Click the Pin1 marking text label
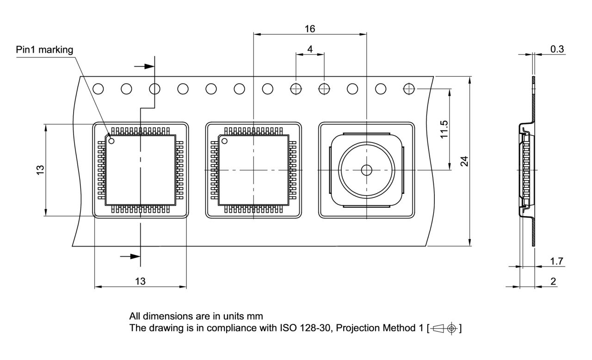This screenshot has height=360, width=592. coord(44,50)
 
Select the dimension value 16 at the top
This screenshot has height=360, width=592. coord(310,29)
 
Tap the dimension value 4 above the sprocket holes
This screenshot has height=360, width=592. coord(310,49)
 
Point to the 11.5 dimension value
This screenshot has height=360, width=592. coord(444,130)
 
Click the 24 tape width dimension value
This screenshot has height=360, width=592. coord(465,161)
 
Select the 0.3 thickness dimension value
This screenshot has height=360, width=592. coord(557,49)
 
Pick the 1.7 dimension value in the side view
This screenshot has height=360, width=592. coord(557,261)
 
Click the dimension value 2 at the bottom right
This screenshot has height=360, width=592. coord(554,281)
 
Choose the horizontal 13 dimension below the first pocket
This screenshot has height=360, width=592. coord(140,281)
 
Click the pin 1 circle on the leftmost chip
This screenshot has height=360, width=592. coord(111,140)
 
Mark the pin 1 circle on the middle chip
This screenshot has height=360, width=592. coord(225,141)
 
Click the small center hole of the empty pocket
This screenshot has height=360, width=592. coord(366,170)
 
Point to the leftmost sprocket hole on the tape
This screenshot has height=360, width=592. coord(98,88)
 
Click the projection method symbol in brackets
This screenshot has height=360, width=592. coord(444,328)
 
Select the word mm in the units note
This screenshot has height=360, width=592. coord(255,317)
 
